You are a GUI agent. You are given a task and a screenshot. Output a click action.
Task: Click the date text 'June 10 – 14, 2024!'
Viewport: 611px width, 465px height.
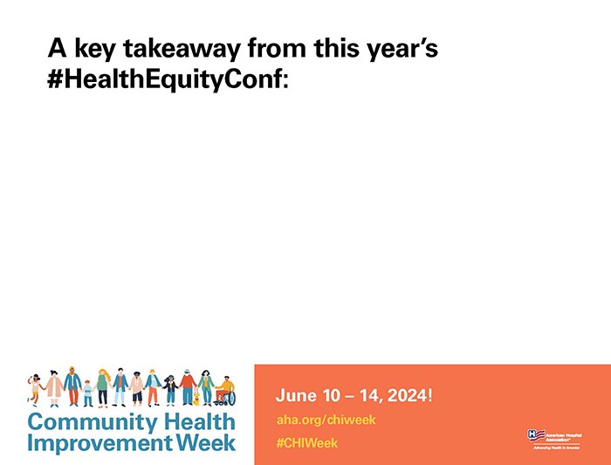coord(354,395)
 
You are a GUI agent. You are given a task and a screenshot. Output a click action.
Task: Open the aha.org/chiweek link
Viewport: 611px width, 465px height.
coord(326,420)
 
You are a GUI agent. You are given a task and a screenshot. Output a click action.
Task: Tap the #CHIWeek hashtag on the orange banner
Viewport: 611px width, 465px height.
coord(306,443)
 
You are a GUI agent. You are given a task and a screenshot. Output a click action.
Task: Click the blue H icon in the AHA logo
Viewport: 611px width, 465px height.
coord(534,434)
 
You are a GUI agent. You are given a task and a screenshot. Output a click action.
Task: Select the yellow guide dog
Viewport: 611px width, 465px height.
coord(196,398)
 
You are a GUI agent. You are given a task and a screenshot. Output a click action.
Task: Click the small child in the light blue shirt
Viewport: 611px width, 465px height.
coord(87,393)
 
